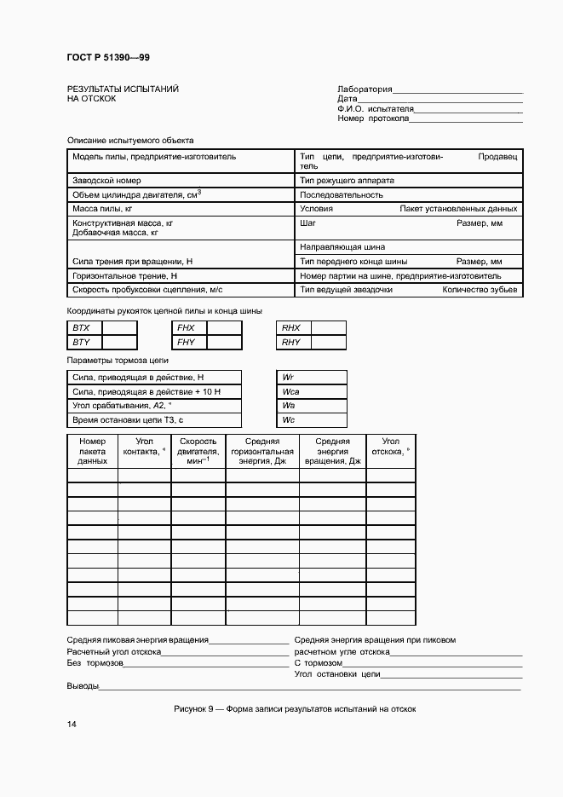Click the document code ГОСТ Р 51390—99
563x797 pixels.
coord(107,57)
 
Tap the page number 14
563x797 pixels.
coord(72,724)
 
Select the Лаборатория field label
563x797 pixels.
coord(365,89)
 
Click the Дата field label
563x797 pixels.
coord(347,99)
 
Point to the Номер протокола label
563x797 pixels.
coord(373,118)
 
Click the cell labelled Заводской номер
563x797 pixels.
coord(106,181)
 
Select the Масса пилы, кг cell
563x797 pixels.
coord(102,208)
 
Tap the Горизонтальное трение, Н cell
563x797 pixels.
coord(124,276)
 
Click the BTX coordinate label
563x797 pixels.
coord(82,327)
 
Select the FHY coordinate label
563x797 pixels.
coord(187,342)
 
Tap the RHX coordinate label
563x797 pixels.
coord(291,327)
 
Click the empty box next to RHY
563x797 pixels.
coord(329,342)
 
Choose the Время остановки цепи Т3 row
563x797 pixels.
coord(128,420)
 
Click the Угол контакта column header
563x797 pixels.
coord(143,451)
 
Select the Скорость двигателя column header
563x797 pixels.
coord(198,451)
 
